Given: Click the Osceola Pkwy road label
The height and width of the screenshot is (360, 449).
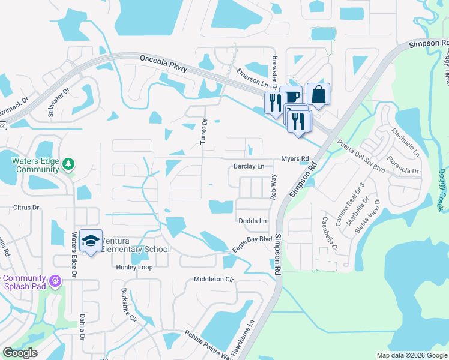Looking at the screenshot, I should point(163,63).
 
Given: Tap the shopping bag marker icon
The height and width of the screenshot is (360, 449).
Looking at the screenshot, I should point(318,95).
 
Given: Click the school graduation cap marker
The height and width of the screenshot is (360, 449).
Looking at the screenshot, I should point(91,241).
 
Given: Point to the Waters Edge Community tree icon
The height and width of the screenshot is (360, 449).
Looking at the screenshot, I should point(68,164).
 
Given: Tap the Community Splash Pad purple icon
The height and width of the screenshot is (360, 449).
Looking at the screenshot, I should point(55,280).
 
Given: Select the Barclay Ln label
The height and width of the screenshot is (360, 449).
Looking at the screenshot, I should point(249,166).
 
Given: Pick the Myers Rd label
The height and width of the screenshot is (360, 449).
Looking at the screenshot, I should point(296,159).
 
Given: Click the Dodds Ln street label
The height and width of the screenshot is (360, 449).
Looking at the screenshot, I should point(252,221).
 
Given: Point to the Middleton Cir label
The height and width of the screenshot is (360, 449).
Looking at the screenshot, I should point(212,280).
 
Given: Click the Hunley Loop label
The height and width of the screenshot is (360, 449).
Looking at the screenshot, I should point(135,268).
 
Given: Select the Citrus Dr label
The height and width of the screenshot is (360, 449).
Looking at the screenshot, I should point(26,208).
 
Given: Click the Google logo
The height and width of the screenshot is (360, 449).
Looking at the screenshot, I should point(20,353).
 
